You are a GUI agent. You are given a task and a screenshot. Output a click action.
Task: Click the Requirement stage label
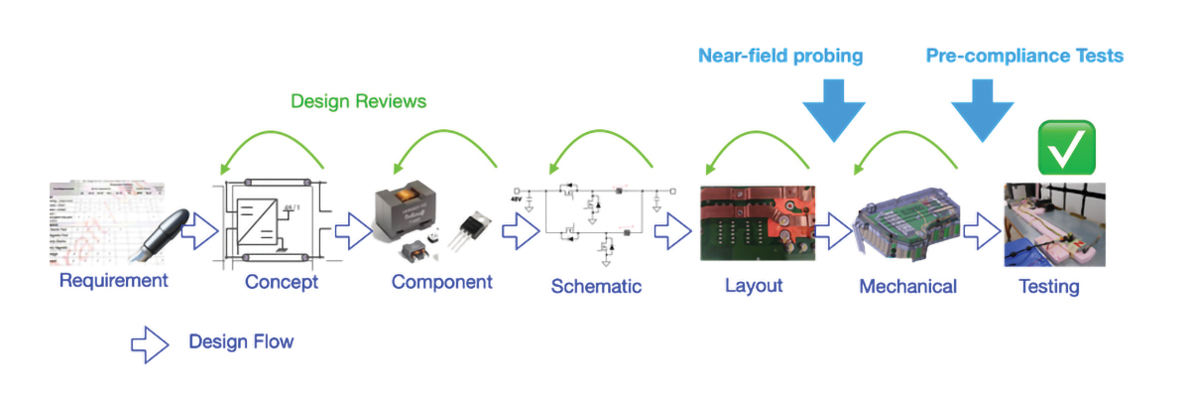coord(113,281)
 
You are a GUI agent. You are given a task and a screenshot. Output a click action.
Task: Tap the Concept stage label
coord(282,283)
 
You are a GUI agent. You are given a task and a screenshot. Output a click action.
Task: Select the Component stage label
coord(441,282)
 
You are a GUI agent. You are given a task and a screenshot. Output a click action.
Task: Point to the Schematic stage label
coord(596,287)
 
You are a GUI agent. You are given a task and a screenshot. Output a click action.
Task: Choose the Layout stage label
coord(754,286)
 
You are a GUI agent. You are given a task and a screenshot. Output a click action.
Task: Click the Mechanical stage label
coord(907,287)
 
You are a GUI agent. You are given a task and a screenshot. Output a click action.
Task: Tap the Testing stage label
coord(1049,287)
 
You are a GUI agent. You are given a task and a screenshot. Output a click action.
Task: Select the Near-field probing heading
coord(780,56)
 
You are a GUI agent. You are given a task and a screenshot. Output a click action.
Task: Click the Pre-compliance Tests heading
coord(1024,56)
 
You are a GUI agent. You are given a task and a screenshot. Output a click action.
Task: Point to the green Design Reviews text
coord(358,101)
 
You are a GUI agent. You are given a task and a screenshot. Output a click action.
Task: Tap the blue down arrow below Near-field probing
coord(833,112)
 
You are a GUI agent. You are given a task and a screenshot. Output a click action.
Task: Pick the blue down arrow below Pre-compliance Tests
coord(983,112)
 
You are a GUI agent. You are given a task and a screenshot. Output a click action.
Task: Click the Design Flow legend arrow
coord(151,342)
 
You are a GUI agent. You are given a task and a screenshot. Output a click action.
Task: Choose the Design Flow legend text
coord(241,342)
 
